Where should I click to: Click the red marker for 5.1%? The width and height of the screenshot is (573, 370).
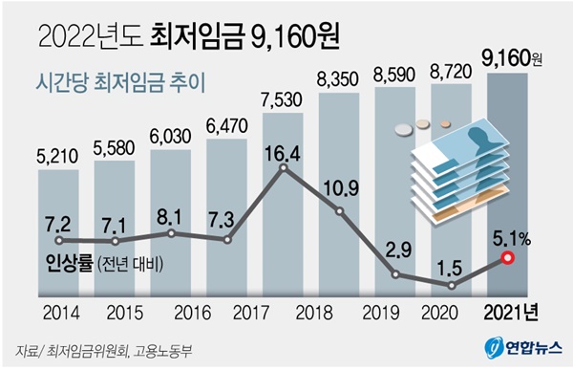[x=508, y=258]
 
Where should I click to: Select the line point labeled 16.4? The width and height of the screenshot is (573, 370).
[x=284, y=167]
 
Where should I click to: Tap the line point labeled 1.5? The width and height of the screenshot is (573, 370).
[x=452, y=286]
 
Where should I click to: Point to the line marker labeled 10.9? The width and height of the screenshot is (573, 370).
[x=339, y=211]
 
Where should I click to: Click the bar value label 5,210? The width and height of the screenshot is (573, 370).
[x=57, y=156]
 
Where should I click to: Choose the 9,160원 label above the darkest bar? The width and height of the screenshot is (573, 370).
[x=511, y=58]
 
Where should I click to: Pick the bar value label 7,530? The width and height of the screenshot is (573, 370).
[x=282, y=100]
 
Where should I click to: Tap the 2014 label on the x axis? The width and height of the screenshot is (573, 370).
[x=61, y=313]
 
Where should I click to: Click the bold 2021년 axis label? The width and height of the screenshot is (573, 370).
[x=511, y=313]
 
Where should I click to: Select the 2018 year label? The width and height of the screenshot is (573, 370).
[x=314, y=313]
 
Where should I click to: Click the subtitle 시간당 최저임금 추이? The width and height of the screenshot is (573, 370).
[x=121, y=83]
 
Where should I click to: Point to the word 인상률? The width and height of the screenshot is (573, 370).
[x=70, y=263]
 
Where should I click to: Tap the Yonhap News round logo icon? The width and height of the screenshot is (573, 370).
[x=494, y=348]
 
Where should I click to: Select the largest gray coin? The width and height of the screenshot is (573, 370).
[x=403, y=129]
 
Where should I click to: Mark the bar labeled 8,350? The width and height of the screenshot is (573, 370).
[x=339, y=194]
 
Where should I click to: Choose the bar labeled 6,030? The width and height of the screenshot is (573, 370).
[x=171, y=223]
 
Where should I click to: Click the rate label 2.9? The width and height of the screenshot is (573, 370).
[x=398, y=250]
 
